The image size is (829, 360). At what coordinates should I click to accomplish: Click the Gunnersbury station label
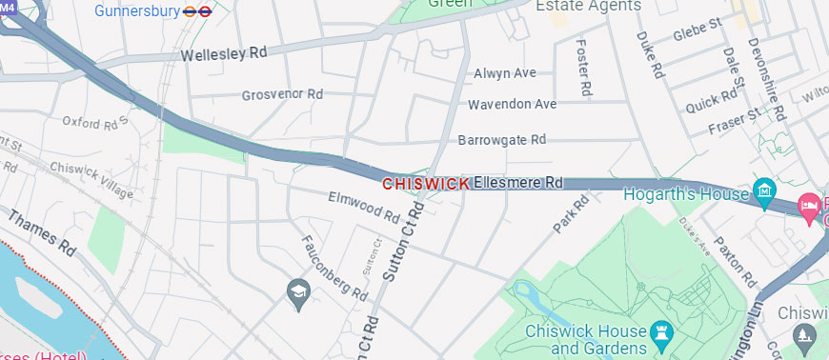tap(139, 11)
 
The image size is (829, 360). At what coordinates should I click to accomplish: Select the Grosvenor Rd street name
tap(282, 95)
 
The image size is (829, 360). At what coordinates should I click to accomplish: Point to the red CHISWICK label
tap(425, 183)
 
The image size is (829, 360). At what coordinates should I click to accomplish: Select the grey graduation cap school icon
tap(298, 291)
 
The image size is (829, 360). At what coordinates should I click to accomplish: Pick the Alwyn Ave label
tap(505, 73)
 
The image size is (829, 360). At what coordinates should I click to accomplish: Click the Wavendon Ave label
tap(512, 104)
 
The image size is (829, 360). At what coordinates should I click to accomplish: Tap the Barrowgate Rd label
tap(501, 139)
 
